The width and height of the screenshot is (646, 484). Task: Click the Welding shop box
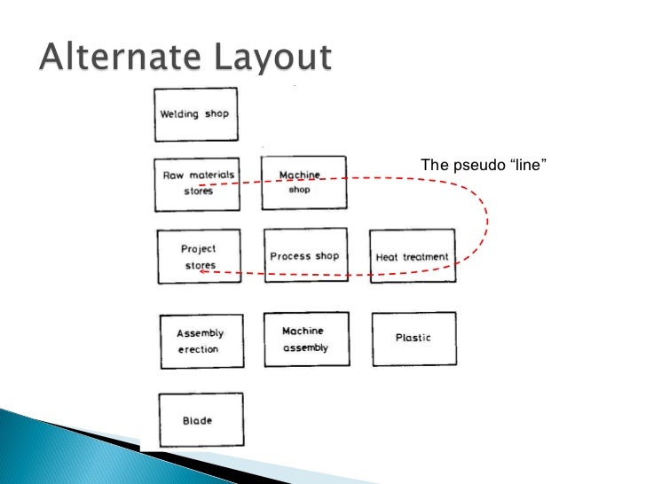[x=195, y=114]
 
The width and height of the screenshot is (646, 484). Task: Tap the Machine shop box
[x=303, y=183]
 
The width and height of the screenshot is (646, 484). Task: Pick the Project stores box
[x=199, y=256]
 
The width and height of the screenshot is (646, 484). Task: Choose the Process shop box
[x=305, y=255]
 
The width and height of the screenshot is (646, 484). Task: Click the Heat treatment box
[x=413, y=256]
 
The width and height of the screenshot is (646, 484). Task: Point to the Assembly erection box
[x=201, y=341]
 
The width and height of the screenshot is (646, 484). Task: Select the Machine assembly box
[x=305, y=340]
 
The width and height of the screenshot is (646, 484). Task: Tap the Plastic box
[x=414, y=338]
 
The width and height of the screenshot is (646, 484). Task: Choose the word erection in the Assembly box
[x=198, y=349]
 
